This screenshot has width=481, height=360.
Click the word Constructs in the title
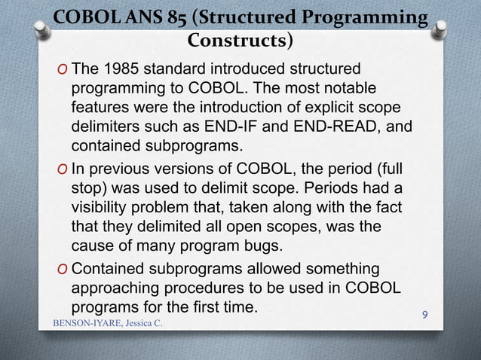pyautogui.click(x=235, y=38)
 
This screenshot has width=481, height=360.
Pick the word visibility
pyautogui.click(x=104, y=207)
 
